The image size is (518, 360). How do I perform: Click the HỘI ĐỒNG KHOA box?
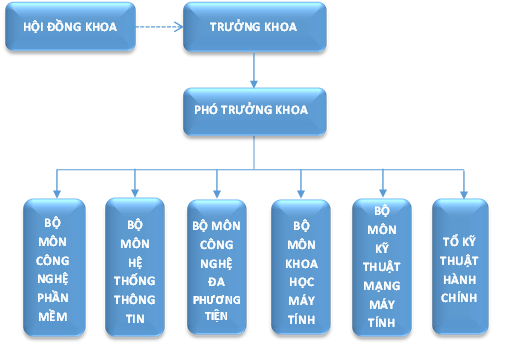coord(69,28)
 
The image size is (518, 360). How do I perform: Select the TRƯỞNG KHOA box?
coord(254,28)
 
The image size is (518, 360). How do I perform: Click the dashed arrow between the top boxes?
coord(158,28)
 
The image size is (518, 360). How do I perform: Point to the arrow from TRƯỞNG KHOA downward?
coord(254,70)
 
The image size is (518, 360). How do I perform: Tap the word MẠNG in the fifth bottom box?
coord(381,283)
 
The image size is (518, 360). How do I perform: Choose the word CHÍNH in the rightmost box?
coord(462,297)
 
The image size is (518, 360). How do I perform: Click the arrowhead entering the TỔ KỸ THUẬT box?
coord(462,192)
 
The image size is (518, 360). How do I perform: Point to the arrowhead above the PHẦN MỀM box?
coord(56,192)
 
